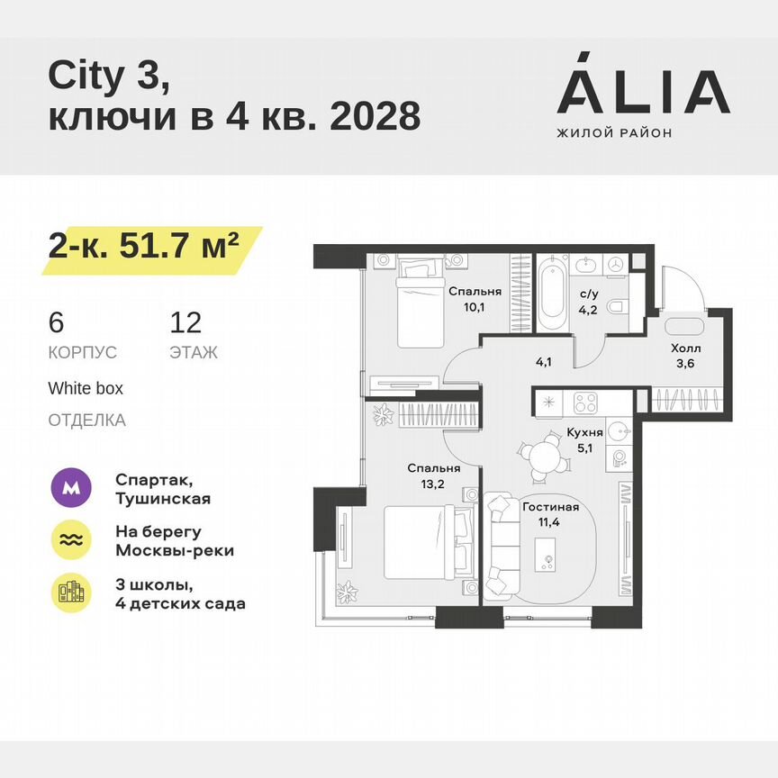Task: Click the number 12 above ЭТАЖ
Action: point(185,322)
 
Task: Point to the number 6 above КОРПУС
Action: point(57,322)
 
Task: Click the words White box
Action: point(86,389)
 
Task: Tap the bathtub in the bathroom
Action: point(552,294)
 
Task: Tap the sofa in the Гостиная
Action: point(497,547)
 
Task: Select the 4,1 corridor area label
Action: point(543,364)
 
